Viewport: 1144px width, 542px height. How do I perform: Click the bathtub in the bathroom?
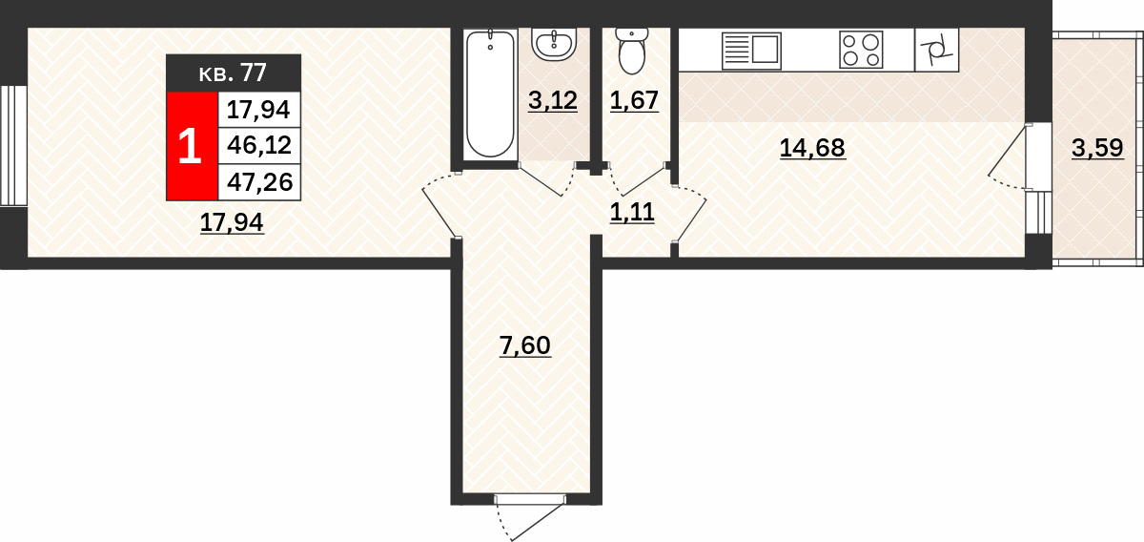[490, 94]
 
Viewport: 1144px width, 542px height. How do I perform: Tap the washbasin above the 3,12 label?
[554, 45]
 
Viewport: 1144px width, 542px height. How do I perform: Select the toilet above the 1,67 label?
[632, 51]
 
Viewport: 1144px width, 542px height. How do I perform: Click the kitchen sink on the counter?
[752, 51]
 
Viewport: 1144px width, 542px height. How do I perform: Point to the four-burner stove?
[861, 51]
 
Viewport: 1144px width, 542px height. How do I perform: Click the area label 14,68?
[812, 149]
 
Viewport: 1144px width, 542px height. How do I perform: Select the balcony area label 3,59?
[1097, 149]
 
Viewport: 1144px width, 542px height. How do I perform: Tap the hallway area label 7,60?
[525, 346]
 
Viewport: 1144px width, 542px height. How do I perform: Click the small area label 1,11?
[632, 213]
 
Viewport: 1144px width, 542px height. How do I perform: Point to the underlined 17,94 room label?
[232, 223]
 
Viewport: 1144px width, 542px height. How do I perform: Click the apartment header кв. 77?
[233, 73]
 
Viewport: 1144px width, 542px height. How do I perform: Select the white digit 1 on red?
[190, 146]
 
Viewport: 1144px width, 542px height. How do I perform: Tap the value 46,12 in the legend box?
[259, 146]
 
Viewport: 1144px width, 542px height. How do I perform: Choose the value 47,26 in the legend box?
[260, 182]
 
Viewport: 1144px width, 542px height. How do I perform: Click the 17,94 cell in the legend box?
[258, 110]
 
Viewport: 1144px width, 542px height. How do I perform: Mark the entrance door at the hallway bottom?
[530, 517]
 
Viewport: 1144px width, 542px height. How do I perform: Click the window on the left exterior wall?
[13, 146]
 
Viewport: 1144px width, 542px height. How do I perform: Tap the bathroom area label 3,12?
[553, 101]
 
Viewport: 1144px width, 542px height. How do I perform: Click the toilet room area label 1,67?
[634, 101]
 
